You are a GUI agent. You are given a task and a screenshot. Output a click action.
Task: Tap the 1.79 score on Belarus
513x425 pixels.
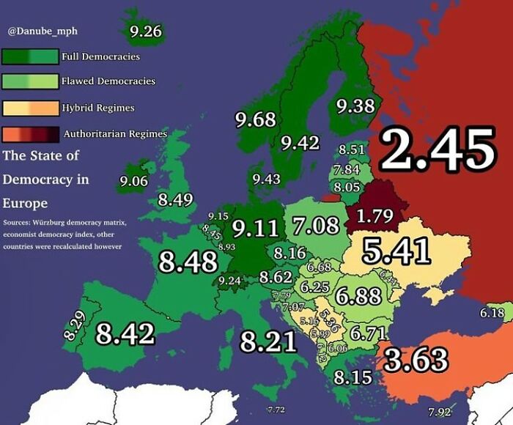click(374, 215)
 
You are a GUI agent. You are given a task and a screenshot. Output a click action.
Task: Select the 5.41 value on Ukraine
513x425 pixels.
click(396, 251)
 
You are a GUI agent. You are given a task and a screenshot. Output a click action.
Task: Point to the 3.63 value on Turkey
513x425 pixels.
click(416, 360)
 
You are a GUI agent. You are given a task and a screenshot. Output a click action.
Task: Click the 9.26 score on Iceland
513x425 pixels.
click(145, 32)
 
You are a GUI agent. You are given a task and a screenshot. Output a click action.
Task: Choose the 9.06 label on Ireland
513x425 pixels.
click(134, 182)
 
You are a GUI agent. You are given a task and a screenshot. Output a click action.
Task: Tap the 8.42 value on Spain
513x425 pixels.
click(125, 334)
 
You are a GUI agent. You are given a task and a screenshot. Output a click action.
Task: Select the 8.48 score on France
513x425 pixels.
click(188, 262)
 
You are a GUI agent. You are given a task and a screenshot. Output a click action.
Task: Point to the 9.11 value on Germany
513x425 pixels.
click(256, 229)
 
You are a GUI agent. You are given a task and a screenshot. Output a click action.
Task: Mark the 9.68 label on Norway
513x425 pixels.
click(255, 119)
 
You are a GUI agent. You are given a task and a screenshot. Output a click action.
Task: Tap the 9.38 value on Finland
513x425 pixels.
click(355, 106)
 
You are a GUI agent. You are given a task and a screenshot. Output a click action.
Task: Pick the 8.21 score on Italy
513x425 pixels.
click(268, 341)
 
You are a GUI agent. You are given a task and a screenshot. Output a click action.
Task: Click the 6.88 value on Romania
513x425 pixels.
click(359, 297)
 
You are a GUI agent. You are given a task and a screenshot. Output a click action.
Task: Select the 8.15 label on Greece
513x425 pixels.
click(353, 378)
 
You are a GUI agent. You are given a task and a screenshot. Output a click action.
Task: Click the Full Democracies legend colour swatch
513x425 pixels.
click(30, 56)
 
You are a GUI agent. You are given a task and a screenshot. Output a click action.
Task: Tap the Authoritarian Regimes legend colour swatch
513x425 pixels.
click(30, 134)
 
